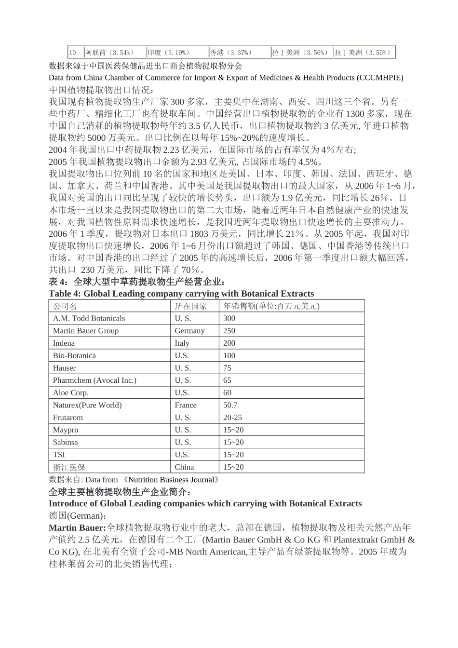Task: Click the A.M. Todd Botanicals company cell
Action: pyautogui.click(x=89, y=318)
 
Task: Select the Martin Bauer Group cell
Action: pyautogui.click(x=85, y=331)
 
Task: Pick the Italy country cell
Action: pyautogui.click(x=182, y=343)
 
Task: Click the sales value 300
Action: pyautogui.click(x=229, y=318)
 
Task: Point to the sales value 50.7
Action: pyautogui.click(x=230, y=405)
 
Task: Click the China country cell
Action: pyautogui.click(x=184, y=467)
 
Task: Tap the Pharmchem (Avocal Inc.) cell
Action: pyautogui.click(x=94, y=380)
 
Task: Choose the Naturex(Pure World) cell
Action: pyautogui.click(x=87, y=405)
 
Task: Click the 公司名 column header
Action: pyautogui.click(x=65, y=306)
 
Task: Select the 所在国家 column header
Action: pyautogui.click(x=190, y=306)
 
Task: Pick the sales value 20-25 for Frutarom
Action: pyautogui.click(x=232, y=418)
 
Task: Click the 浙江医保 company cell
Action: pyautogui.click(x=69, y=467)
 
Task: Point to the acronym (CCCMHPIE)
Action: pyautogui.click(x=380, y=78)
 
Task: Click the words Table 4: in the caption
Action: pyautogui.click(x=66, y=294)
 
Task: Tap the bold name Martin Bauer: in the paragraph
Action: pyautogui.click(x=77, y=528)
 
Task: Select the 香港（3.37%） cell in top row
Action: pyautogui.click(x=231, y=53)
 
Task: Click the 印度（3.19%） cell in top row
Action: pyautogui.click(x=168, y=53)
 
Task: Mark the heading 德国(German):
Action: pyautogui.click(x=73, y=515)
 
